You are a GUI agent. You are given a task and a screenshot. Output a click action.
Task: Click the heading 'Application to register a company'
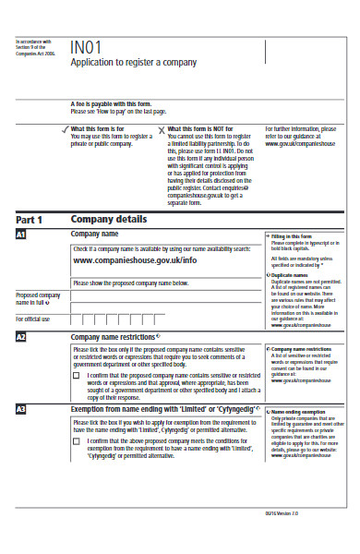[134, 63]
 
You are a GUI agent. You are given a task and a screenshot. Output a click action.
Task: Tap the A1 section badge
[21, 236]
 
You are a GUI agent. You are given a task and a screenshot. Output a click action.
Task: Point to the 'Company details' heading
[110, 220]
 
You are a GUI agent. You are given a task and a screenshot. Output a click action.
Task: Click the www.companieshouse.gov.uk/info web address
[135, 261]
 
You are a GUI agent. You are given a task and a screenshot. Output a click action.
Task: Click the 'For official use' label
[34, 319]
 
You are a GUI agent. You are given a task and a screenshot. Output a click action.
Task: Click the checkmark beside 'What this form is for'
[64, 129]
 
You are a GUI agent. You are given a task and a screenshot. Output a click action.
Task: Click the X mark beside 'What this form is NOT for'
[162, 129]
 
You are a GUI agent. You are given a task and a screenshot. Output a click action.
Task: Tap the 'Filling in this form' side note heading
[295, 236]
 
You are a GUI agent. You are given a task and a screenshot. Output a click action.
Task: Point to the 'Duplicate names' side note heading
[294, 275]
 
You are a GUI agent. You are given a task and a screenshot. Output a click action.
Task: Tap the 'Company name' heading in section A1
[96, 235]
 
